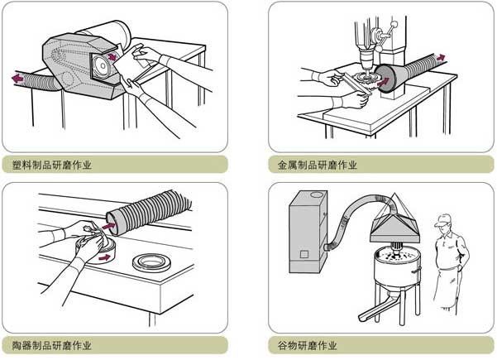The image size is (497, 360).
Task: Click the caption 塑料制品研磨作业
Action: [x=52, y=165]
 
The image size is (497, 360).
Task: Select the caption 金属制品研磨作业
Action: [x=318, y=165]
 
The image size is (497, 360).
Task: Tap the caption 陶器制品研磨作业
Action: [x=52, y=345]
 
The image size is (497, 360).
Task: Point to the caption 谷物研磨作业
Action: [x=307, y=345]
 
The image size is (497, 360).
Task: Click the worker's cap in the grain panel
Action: [x=442, y=219]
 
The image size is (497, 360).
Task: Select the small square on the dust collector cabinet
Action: [x=304, y=254]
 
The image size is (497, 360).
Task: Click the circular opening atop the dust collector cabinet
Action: [x=316, y=194]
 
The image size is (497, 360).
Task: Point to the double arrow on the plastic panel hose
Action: [x=17, y=78]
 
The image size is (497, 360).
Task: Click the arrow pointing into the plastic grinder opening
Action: [x=112, y=57]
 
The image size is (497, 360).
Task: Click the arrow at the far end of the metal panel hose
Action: [x=441, y=58]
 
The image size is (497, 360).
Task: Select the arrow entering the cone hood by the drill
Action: [x=383, y=82]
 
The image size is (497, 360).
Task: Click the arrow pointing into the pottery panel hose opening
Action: [x=108, y=226]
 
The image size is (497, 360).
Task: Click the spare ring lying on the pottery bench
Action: [x=151, y=262]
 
